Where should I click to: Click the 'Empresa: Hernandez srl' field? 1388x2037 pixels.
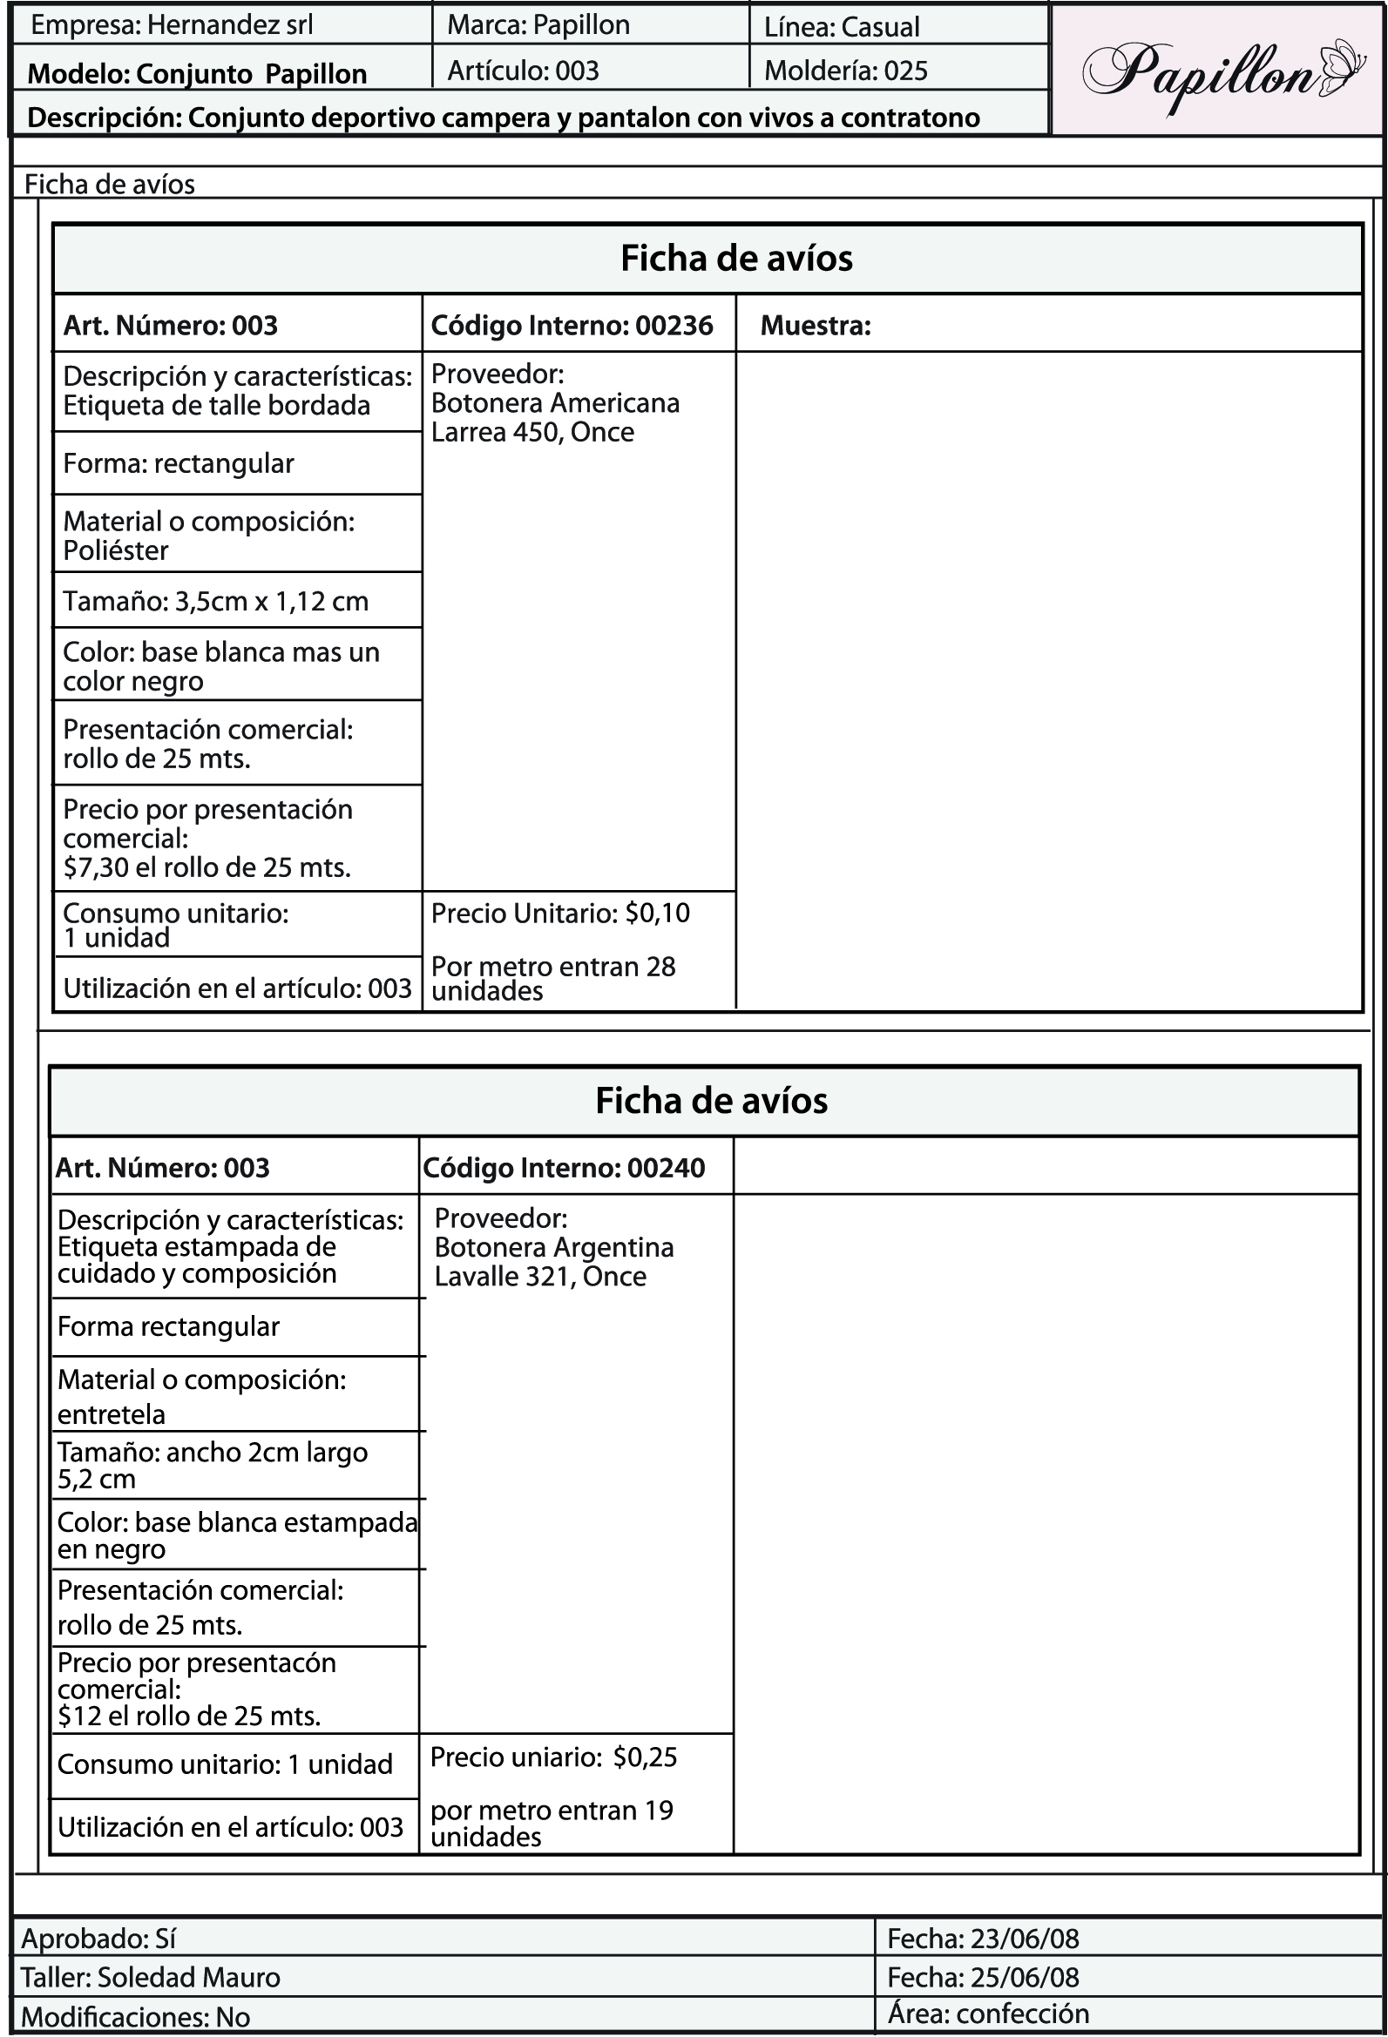(x=172, y=25)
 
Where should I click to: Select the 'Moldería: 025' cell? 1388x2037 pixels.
(x=845, y=71)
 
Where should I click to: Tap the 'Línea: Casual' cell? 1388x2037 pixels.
(x=842, y=27)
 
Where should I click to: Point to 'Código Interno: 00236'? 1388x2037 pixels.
(x=572, y=326)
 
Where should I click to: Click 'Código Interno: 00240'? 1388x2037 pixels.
(x=564, y=1169)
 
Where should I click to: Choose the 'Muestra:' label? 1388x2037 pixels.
(x=816, y=326)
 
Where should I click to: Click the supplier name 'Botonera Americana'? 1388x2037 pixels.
(x=555, y=403)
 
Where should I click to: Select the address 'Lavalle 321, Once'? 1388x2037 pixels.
(x=540, y=1276)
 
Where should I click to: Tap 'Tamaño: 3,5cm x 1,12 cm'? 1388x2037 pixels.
(x=216, y=601)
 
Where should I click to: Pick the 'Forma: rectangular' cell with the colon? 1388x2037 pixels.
(x=179, y=463)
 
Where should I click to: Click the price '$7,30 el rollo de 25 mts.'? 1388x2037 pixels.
(x=207, y=867)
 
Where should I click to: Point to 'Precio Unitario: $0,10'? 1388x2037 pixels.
(x=560, y=914)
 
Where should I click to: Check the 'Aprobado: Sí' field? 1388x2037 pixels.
(x=99, y=1938)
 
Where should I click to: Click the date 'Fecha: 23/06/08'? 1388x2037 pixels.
(x=983, y=1938)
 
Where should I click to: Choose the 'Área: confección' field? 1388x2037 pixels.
(x=988, y=2013)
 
